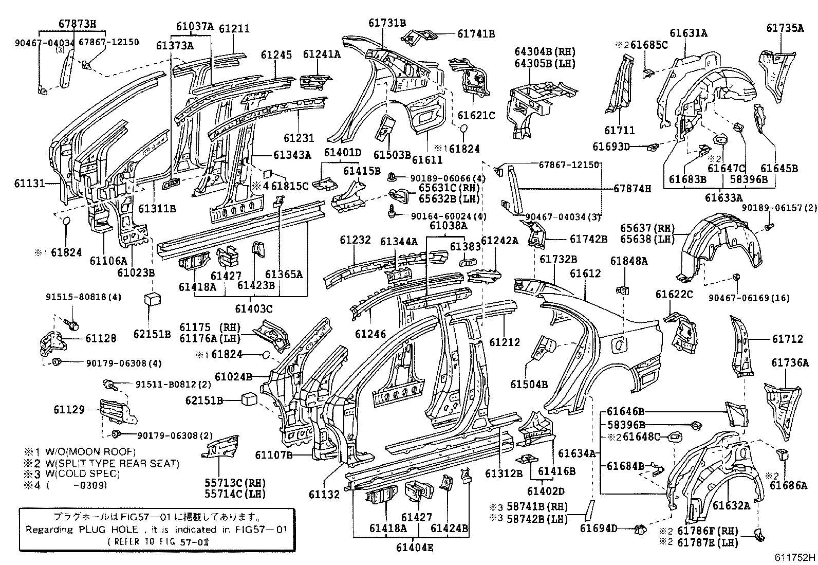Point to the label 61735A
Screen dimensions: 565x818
coord(785,28)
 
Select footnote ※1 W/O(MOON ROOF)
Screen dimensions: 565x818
coord(78,452)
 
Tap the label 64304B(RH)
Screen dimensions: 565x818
coord(545,51)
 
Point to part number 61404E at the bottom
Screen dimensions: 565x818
coord(415,547)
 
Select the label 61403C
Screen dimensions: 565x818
coord(253,309)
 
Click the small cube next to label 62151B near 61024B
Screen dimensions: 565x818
coord(249,399)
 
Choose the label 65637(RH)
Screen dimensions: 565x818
coord(643,228)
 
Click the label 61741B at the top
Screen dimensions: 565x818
coord(476,33)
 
